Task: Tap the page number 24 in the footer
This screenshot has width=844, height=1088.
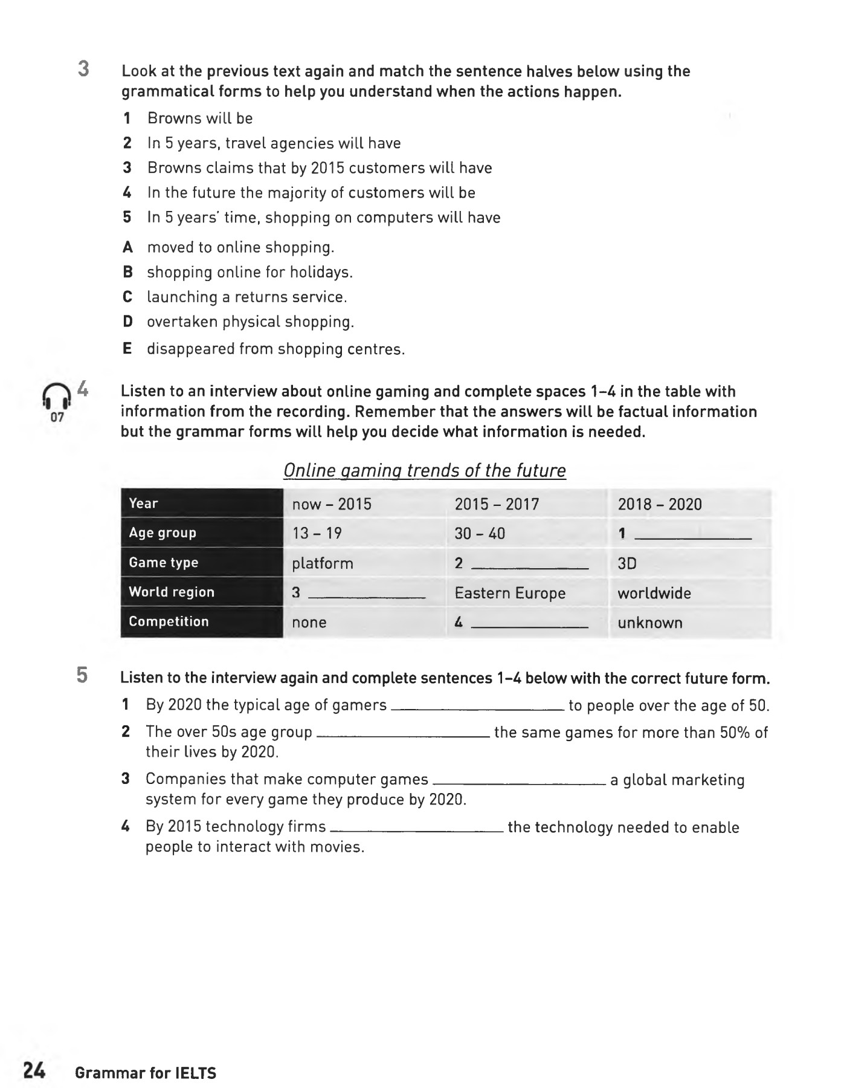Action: (x=34, y=1071)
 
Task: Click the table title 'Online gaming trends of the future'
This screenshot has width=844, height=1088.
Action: (x=424, y=470)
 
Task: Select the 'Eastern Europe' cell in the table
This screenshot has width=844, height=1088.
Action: (x=510, y=593)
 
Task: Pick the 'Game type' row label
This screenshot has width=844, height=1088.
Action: (x=164, y=563)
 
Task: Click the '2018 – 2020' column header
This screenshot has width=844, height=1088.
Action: (x=659, y=504)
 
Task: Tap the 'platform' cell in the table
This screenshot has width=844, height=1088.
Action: (x=322, y=563)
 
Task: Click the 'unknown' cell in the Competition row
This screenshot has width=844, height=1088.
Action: (x=649, y=623)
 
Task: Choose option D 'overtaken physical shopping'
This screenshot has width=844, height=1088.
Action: (x=250, y=322)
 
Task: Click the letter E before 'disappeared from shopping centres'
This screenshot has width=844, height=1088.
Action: (x=127, y=349)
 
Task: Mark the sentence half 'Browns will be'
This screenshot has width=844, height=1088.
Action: (x=200, y=118)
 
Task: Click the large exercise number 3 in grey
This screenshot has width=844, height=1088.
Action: (x=83, y=69)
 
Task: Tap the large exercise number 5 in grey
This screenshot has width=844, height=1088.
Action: (x=82, y=675)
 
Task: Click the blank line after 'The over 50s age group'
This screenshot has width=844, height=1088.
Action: (x=402, y=734)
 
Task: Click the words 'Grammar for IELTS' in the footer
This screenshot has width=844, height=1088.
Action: (x=146, y=1073)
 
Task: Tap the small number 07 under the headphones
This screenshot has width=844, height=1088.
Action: (x=57, y=417)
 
